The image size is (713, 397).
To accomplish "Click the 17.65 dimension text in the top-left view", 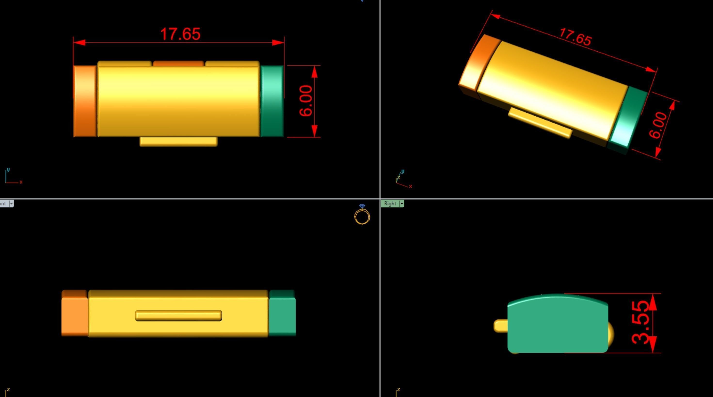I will (x=180, y=34).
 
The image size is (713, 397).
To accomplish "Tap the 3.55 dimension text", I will (x=641, y=323).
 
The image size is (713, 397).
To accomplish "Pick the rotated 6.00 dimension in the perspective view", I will (x=658, y=125).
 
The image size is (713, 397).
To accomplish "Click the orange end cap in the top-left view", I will (x=85, y=101).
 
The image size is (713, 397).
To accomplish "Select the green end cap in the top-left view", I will (x=272, y=101).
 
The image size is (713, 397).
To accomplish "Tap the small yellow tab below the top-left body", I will (x=178, y=141).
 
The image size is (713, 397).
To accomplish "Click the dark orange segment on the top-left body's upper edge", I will (x=178, y=64).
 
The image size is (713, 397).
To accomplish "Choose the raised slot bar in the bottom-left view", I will (x=178, y=316).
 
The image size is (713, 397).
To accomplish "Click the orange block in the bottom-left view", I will (x=74, y=316).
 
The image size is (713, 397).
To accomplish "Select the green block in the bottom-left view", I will (x=282, y=316).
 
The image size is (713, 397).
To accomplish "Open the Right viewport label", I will (x=390, y=204).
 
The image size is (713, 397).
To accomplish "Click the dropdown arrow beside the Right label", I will (x=402, y=204).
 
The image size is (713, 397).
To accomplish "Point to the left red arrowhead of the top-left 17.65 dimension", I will (x=80, y=43).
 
